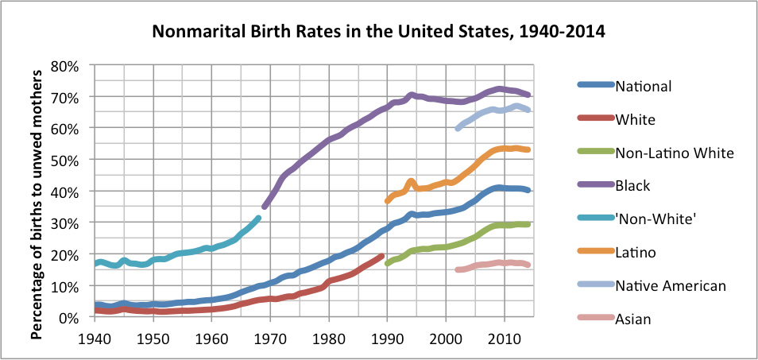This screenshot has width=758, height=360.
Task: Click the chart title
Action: click(x=378, y=33)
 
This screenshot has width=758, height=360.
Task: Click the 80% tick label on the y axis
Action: click(x=66, y=65)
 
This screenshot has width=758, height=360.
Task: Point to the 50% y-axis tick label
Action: click(x=66, y=160)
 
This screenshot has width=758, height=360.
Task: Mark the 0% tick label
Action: click(x=69, y=317)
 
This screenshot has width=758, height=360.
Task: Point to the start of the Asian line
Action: click(x=457, y=269)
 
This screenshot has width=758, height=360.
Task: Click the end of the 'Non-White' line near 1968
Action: click(x=257, y=218)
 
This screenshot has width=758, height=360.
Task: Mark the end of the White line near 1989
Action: click(x=381, y=256)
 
